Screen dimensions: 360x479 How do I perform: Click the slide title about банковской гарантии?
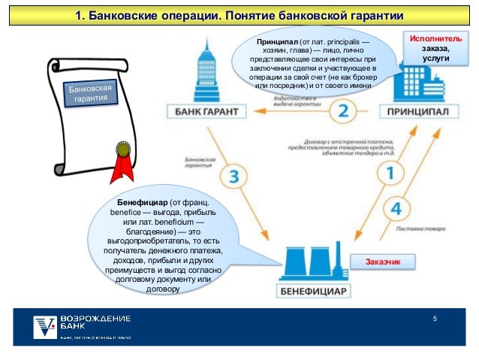pos(239,16)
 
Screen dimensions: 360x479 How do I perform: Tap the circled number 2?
pos(343,112)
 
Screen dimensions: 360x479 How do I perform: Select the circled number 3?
pos(234,177)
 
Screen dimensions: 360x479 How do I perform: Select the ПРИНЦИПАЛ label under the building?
pos(419,112)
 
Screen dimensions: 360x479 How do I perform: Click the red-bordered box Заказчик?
pos(384,262)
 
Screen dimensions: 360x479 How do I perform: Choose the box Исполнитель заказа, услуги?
pos(430,47)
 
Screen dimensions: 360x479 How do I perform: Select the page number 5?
pos(434,321)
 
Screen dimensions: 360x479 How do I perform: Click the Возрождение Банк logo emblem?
pos(45,326)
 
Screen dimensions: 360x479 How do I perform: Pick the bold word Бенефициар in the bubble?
pos(140,204)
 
